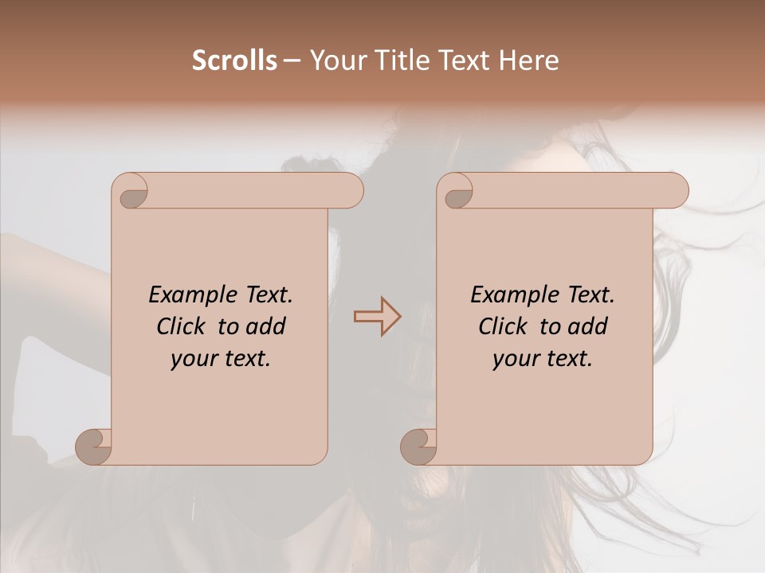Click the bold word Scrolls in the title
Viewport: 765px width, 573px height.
click(x=234, y=60)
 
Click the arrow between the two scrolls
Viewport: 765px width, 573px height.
click(x=377, y=317)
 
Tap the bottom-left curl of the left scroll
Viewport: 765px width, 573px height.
click(x=92, y=446)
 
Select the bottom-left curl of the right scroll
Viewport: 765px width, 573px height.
click(x=418, y=446)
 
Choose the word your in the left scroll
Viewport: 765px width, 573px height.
click(x=194, y=360)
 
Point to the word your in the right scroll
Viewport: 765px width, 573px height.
click(x=516, y=360)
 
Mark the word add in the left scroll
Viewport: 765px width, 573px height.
click(x=266, y=327)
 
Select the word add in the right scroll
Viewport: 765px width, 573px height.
click(x=588, y=327)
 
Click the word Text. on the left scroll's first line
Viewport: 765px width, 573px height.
click(x=268, y=295)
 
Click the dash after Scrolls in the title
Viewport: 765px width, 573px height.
click(x=292, y=61)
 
